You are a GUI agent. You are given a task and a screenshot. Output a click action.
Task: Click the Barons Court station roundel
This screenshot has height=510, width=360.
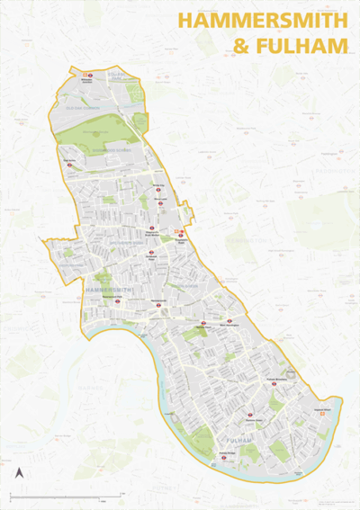click(x=203, y=322)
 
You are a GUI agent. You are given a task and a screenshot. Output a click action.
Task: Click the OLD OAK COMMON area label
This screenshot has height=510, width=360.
click(x=84, y=105)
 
